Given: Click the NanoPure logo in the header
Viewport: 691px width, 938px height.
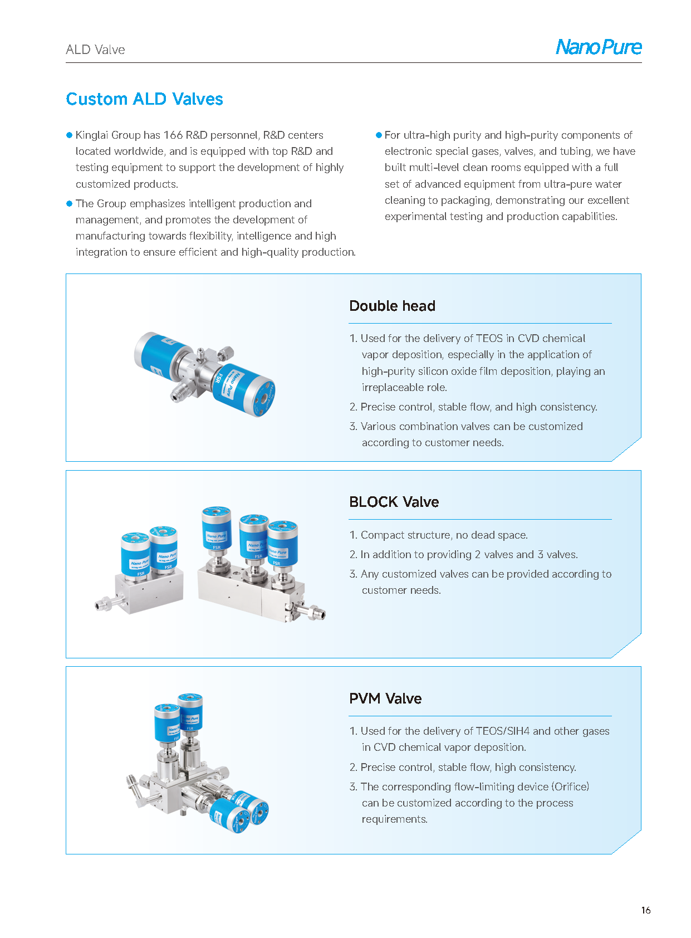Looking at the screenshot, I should pos(599,47).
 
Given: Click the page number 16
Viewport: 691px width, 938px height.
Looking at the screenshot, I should pos(645,910).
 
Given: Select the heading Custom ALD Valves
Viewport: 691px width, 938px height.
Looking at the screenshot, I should pos(144,99).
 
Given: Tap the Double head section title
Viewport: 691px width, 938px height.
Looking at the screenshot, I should pos(392,306).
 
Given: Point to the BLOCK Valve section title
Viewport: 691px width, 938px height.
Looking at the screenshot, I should pos(394,502).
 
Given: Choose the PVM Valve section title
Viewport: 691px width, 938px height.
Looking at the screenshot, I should pos(385,698).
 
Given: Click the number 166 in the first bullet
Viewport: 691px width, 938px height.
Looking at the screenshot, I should pos(173,135).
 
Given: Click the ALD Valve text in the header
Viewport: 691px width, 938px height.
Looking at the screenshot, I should pos(95,50).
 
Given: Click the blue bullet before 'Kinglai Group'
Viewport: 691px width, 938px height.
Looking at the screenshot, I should pos(70,135).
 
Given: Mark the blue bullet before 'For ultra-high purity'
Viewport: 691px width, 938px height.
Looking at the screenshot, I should pos(379,135).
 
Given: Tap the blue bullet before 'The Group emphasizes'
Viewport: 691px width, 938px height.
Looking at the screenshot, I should pos(70,204).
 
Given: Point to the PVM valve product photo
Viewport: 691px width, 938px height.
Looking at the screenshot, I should pos(198,763).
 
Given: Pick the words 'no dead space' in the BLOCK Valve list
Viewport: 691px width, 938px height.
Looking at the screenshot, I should pos(492,535).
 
